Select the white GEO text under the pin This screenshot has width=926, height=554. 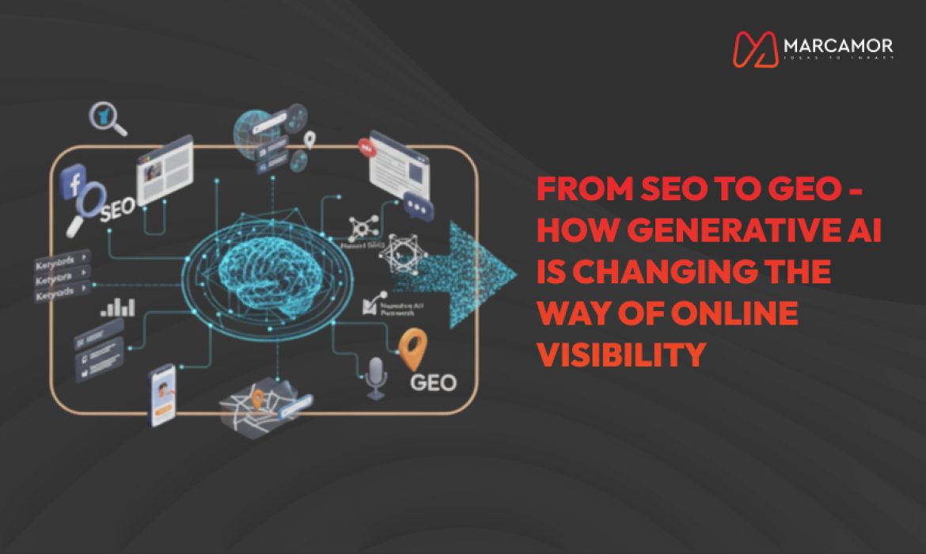[x=434, y=383]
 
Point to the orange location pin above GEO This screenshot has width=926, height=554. [x=412, y=349]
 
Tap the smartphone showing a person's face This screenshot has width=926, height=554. [x=163, y=393]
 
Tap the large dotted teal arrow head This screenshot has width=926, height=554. [x=483, y=274]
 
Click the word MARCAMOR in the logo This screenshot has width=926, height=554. [x=837, y=45]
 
